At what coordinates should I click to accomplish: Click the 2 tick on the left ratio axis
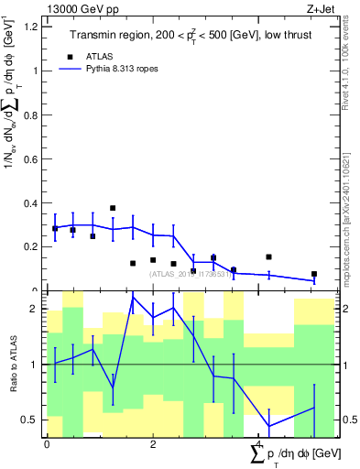click(x=37, y=310)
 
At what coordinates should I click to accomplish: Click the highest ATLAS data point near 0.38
click(x=113, y=208)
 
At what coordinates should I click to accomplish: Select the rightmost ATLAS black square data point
click(x=313, y=274)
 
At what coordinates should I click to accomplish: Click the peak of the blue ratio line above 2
click(x=133, y=296)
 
